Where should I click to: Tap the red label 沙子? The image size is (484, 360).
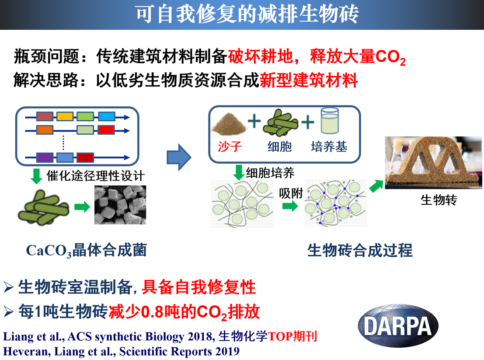[x=230, y=146]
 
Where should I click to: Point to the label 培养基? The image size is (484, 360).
[x=329, y=146]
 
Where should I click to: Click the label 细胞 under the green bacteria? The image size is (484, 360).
[x=279, y=146]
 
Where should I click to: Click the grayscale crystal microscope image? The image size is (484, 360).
[x=120, y=205]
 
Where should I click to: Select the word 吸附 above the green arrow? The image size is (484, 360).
[x=291, y=193]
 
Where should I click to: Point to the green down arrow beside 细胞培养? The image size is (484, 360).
[x=238, y=172]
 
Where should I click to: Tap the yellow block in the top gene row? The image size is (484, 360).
[x=65, y=116]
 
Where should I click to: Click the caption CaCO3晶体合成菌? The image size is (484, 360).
[x=86, y=251]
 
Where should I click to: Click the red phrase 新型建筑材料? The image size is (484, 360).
[x=309, y=80]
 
